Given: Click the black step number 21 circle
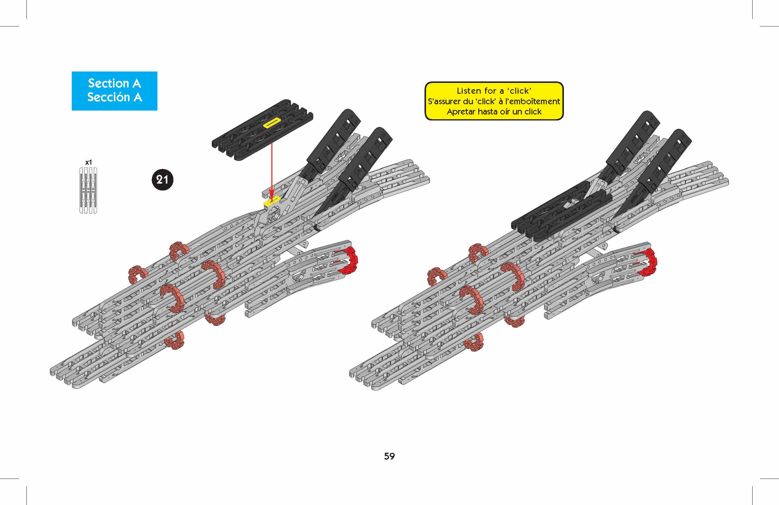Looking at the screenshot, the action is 162,180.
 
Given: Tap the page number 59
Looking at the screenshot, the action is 389,456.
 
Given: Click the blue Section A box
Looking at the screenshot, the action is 114,91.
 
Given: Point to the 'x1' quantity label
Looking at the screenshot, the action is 88,162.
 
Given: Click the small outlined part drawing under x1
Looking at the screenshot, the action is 88,190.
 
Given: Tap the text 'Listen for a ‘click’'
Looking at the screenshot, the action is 494,91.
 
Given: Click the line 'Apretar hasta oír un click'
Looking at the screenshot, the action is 494,111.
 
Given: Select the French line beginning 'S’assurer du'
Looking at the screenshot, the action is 494,101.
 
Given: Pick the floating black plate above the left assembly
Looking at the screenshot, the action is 262,129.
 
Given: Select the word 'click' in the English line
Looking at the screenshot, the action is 520,91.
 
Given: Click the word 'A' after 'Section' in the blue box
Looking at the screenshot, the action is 136,84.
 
